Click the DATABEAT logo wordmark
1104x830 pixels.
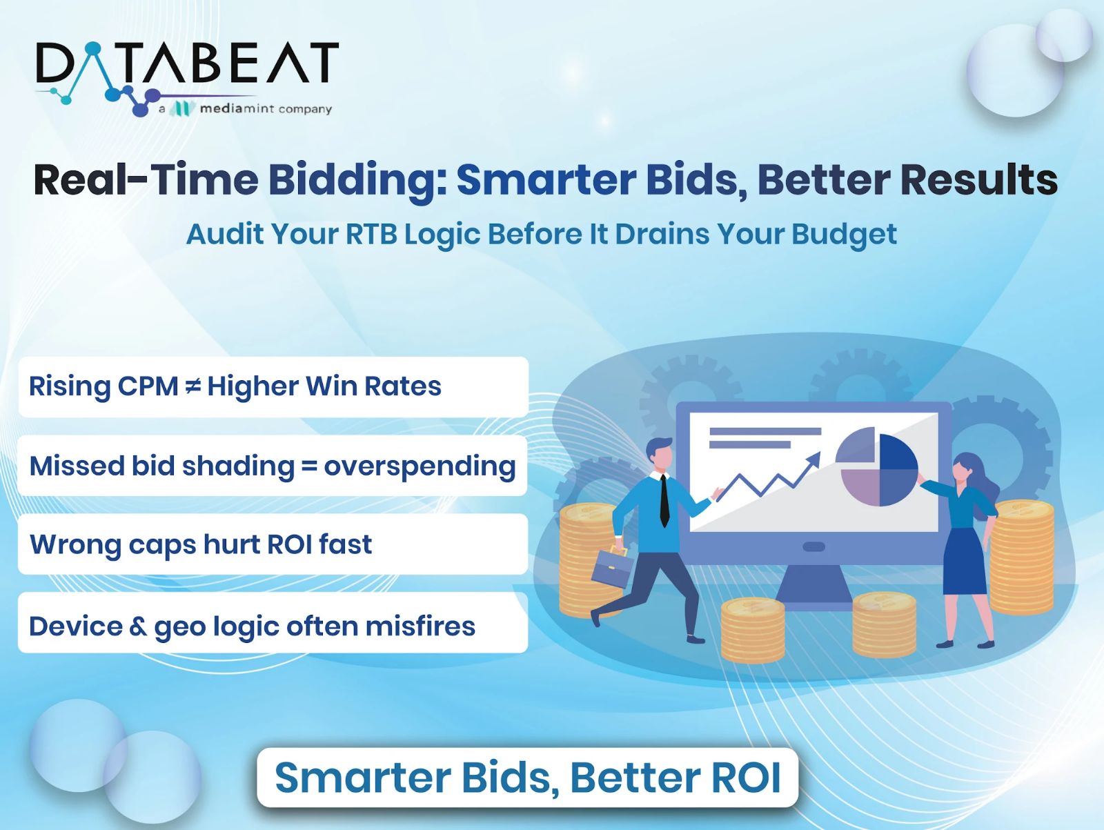[x=187, y=63]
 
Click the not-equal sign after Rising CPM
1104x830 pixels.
[x=193, y=386]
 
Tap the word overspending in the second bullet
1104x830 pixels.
[x=420, y=467]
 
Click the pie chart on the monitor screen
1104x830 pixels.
[x=877, y=466]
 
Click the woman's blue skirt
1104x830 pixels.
[x=964, y=562]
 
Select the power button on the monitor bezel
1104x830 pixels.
[x=814, y=546]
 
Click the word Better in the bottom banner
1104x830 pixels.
[x=635, y=778]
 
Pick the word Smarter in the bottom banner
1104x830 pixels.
[x=363, y=778]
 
